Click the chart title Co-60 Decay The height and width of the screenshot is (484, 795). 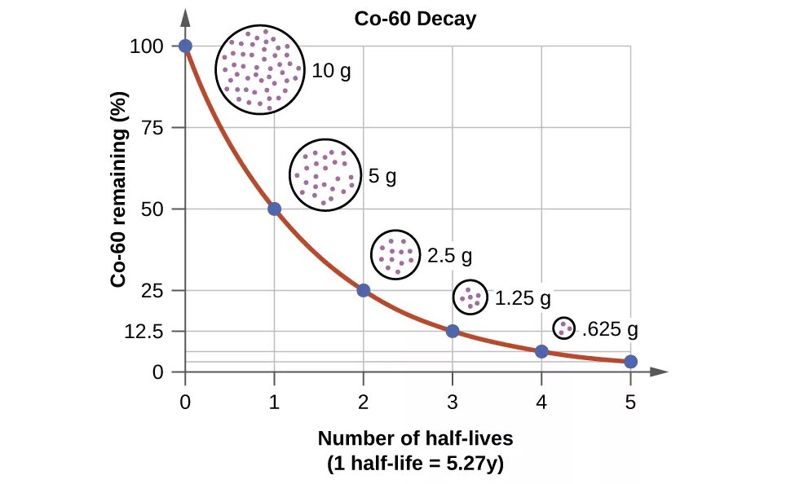click(415, 19)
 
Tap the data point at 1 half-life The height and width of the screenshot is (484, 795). click(275, 209)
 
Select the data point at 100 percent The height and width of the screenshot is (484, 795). click(186, 46)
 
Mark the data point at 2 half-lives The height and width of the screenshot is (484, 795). click(364, 290)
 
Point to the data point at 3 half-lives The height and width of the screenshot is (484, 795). click(453, 331)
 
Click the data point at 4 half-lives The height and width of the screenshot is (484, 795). click(541, 351)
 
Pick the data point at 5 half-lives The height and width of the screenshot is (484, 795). click(630, 362)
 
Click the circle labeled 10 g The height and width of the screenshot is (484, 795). click(259, 70)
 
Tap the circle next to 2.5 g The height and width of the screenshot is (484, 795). click(396, 254)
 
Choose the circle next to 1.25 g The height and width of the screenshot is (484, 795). click(470, 297)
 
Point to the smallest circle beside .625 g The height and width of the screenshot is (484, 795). click(563, 328)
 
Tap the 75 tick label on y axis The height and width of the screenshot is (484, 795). click(161, 128)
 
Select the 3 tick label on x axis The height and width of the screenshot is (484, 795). click(453, 401)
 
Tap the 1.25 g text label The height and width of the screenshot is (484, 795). click(523, 298)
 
